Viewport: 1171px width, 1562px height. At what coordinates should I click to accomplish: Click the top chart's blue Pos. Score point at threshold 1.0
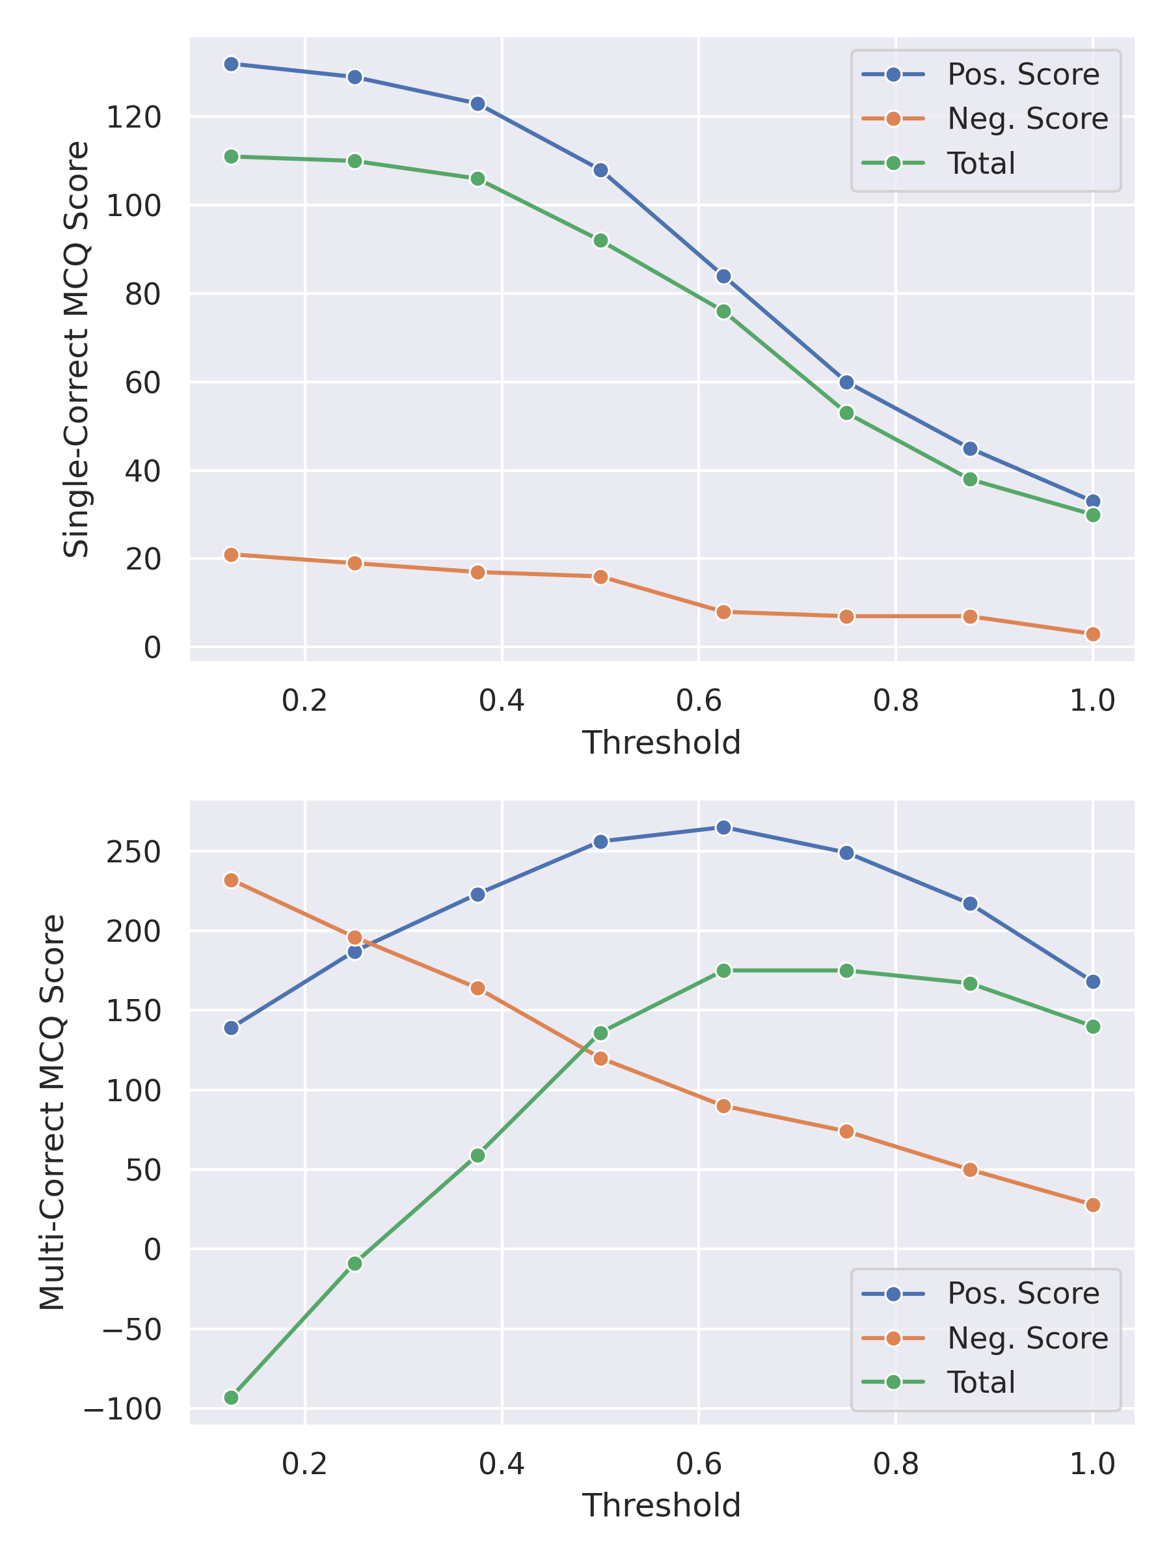(1092, 502)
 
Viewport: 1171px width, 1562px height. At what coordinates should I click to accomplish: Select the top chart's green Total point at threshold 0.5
(600, 241)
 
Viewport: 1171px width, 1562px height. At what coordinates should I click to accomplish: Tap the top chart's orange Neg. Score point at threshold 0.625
(723, 612)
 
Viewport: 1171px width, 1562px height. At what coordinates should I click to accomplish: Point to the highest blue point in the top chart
(231, 64)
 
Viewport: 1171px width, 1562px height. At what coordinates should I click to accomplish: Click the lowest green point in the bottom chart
(231, 1398)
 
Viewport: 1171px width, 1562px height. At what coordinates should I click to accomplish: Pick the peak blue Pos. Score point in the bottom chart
(723, 828)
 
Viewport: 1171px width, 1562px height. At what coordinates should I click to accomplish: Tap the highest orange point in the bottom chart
(231, 880)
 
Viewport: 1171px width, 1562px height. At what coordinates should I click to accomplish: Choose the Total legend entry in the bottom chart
(980, 1382)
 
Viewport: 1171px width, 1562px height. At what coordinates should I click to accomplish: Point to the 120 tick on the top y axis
(133, 117)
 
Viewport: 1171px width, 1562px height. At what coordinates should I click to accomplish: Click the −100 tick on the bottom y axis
(123, 1410)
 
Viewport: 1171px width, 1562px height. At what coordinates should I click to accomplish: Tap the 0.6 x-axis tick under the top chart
(698, 700)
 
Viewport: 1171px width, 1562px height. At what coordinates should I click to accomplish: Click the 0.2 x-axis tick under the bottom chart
(304, 1464)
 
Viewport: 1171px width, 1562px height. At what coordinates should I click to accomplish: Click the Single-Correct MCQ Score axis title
(76, 349)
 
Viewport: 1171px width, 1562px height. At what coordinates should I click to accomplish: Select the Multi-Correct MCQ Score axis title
(52, 1112)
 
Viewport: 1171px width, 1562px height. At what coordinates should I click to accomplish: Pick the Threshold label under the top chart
(662, 743)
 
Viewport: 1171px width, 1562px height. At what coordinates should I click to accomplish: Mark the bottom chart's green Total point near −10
(355, 1263)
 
